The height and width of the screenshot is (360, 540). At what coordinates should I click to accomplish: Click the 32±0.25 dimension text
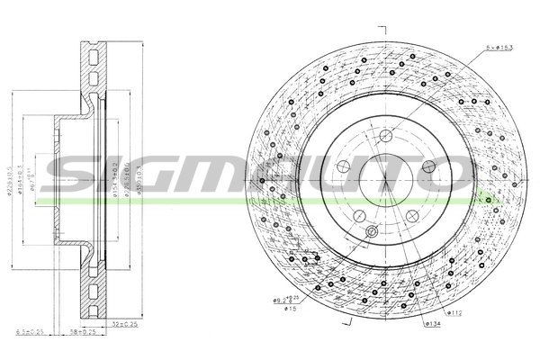(125, 323)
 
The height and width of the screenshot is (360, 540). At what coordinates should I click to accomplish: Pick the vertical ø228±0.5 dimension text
(11, 180)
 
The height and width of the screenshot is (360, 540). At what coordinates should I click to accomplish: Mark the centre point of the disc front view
(386, 179)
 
